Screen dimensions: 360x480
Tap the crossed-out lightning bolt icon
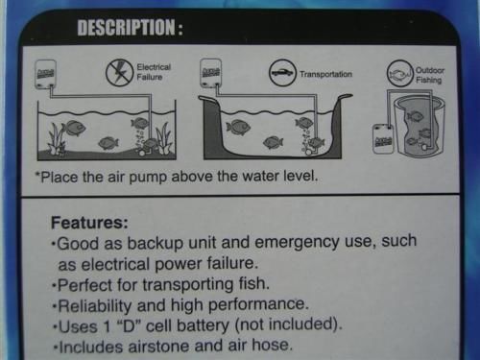pos(120,72)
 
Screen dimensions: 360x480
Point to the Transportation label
pos(326,73)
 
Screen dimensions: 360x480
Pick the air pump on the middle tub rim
pos(212,74)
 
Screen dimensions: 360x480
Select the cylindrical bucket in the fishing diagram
pos(420,127)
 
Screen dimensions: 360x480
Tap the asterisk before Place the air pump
pos(38,178)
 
